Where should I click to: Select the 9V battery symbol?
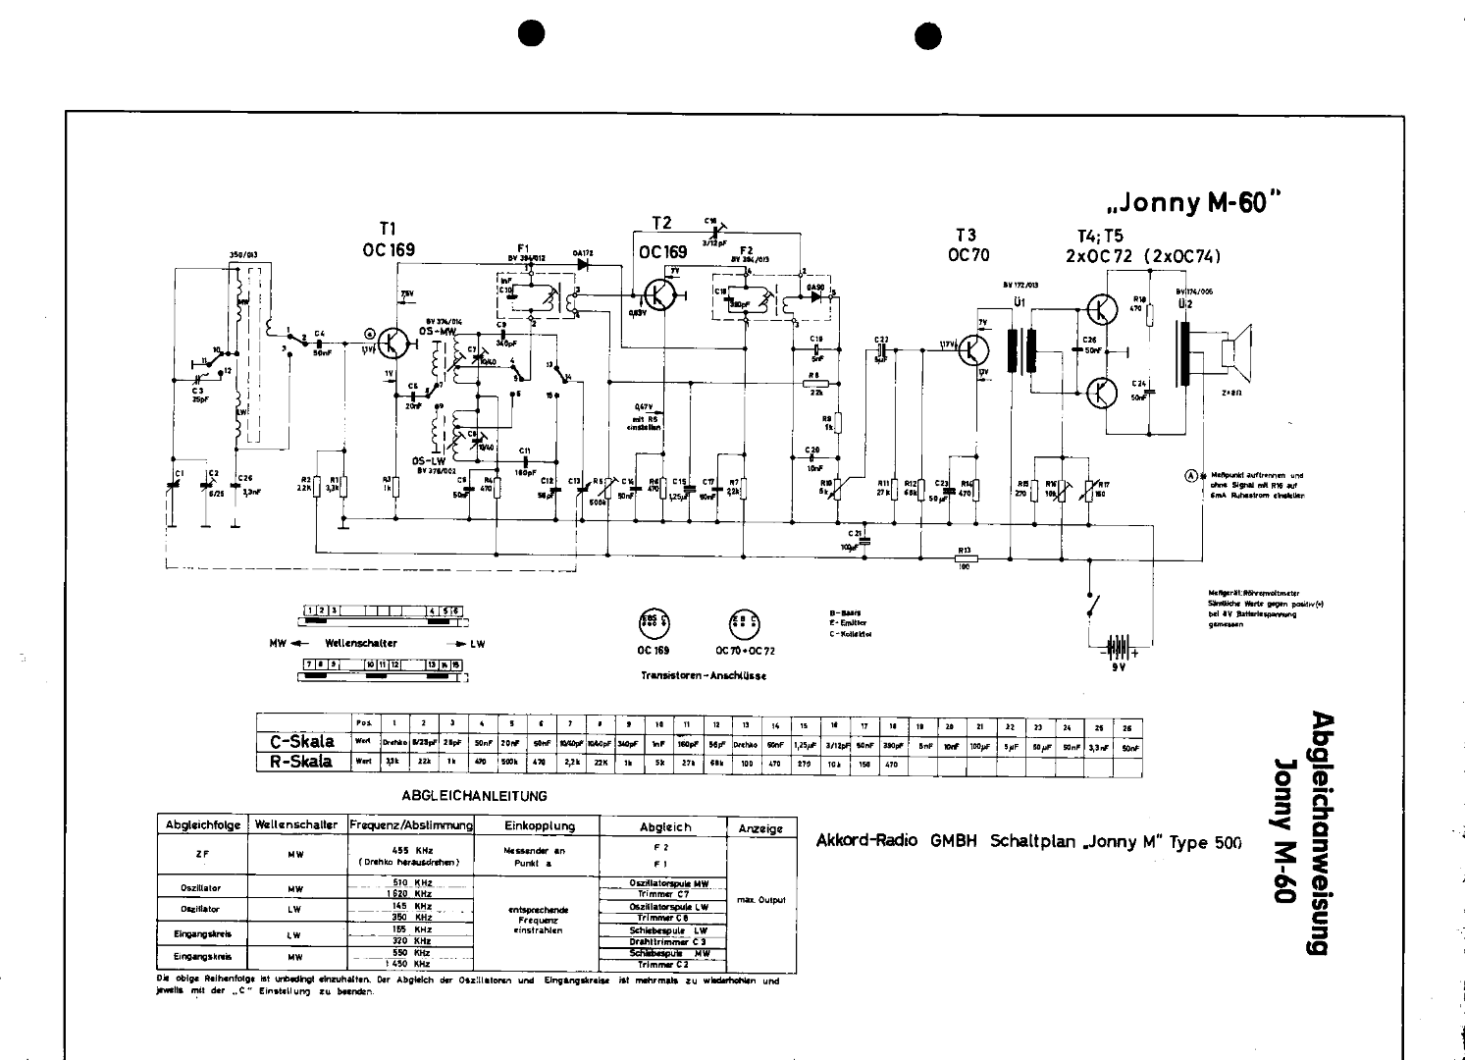click(x=1116, y=648)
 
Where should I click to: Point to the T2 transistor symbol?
click(x=660, y=294)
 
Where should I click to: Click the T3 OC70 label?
click(x=966, y=244)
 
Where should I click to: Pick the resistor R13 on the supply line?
click(x=965, y=556)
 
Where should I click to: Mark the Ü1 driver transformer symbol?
click(x=1022, y=349)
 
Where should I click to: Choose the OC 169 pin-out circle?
click(x=655, y=623)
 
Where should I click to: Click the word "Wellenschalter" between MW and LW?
click(x=361, y=644)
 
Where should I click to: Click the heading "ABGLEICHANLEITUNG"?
click(x=475, y=796)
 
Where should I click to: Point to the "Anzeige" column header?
click(x=760, y=828)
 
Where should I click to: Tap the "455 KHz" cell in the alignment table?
click(x=412, y=850)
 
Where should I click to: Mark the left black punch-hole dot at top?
click(x=531, y=33)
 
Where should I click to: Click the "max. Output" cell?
click(x=760, y=900)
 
